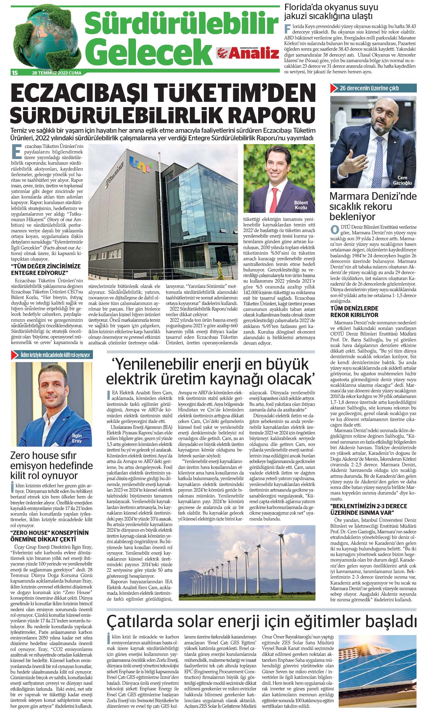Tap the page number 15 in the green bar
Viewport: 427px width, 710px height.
14,73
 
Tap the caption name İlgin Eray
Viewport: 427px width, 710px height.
77,438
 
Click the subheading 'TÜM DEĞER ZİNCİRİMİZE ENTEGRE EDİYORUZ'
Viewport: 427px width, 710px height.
46,269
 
